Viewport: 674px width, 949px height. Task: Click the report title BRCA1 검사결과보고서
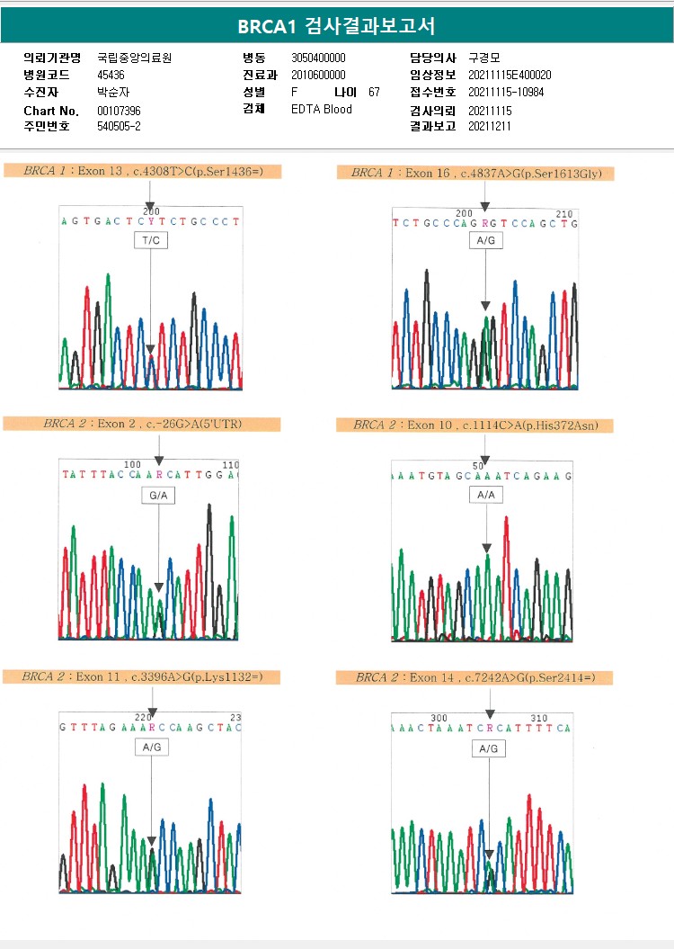pos(336,26)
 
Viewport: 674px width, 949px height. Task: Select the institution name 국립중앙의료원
pos(134,58)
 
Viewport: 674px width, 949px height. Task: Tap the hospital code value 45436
pos(111,75)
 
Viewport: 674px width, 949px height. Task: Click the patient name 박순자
pos(111,92)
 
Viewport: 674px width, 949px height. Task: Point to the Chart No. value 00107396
pos(119,111)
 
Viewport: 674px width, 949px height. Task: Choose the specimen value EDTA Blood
pos(322,109)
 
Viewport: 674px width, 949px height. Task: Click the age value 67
pos(374,92)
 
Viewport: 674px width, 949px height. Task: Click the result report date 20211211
pos(490,126)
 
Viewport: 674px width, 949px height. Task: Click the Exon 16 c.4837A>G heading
pos(476,173)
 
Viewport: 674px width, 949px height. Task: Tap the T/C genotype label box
pos(150,240)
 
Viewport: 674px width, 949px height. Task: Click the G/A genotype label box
pos(158,495)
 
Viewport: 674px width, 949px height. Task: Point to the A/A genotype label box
pos(486,495)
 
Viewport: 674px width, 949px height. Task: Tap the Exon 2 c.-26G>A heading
pos(143,423)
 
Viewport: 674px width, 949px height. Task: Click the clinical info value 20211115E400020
pos(510,75)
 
